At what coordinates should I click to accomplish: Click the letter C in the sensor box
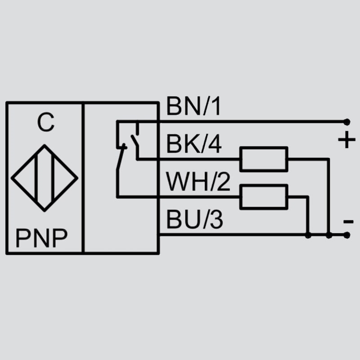coord(46,122)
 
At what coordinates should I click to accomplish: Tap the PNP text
coord(41,238)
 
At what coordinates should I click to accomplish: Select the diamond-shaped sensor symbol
coord(45,178)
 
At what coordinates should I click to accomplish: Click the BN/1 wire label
coord(193,106)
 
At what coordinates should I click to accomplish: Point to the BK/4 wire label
coord(194,144)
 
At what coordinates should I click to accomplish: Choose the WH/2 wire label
coord(198,182)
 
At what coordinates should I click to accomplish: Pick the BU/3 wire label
coord(194,220)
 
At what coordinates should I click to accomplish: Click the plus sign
coord(346,139)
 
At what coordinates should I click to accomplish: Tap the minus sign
coord(348,222)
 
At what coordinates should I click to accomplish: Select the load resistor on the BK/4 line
coord(264,159)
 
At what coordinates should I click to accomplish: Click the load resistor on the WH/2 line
coord(264,197)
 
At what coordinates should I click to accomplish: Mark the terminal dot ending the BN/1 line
coord(347,122)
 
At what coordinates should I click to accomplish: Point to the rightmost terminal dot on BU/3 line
coord(347,235)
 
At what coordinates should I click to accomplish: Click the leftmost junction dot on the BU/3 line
coord(308,235)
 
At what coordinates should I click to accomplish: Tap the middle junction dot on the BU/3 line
coord(329,235)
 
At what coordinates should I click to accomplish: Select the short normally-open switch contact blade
coord(135,141)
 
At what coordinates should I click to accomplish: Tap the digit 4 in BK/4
coord(215,144)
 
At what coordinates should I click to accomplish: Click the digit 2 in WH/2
coord(223,182)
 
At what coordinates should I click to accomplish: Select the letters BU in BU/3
coord(181,220)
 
